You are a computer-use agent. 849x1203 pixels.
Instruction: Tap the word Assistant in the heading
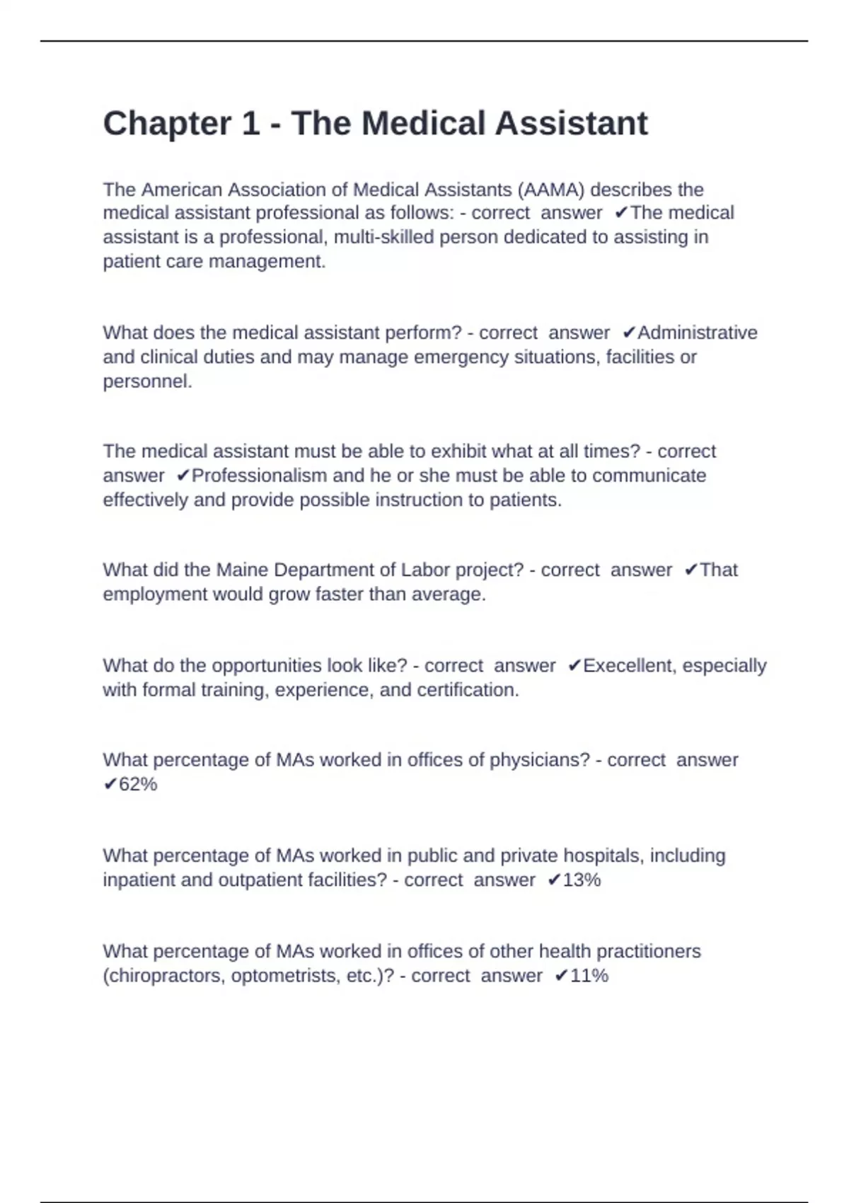click(571, 124)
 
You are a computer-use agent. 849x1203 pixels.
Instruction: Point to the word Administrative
click(698, 333)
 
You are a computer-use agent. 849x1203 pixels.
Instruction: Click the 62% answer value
click(138, 785)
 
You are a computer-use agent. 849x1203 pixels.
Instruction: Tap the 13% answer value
click(582, 880)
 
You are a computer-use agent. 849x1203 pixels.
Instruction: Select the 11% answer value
click(589, 976)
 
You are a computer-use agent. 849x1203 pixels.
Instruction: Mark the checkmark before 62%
click(110, 785)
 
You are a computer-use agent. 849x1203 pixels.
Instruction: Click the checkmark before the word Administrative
click(629, 333)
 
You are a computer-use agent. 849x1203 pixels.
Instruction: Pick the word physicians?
click(540, 761)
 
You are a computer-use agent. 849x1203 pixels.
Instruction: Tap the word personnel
click(147, 381)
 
